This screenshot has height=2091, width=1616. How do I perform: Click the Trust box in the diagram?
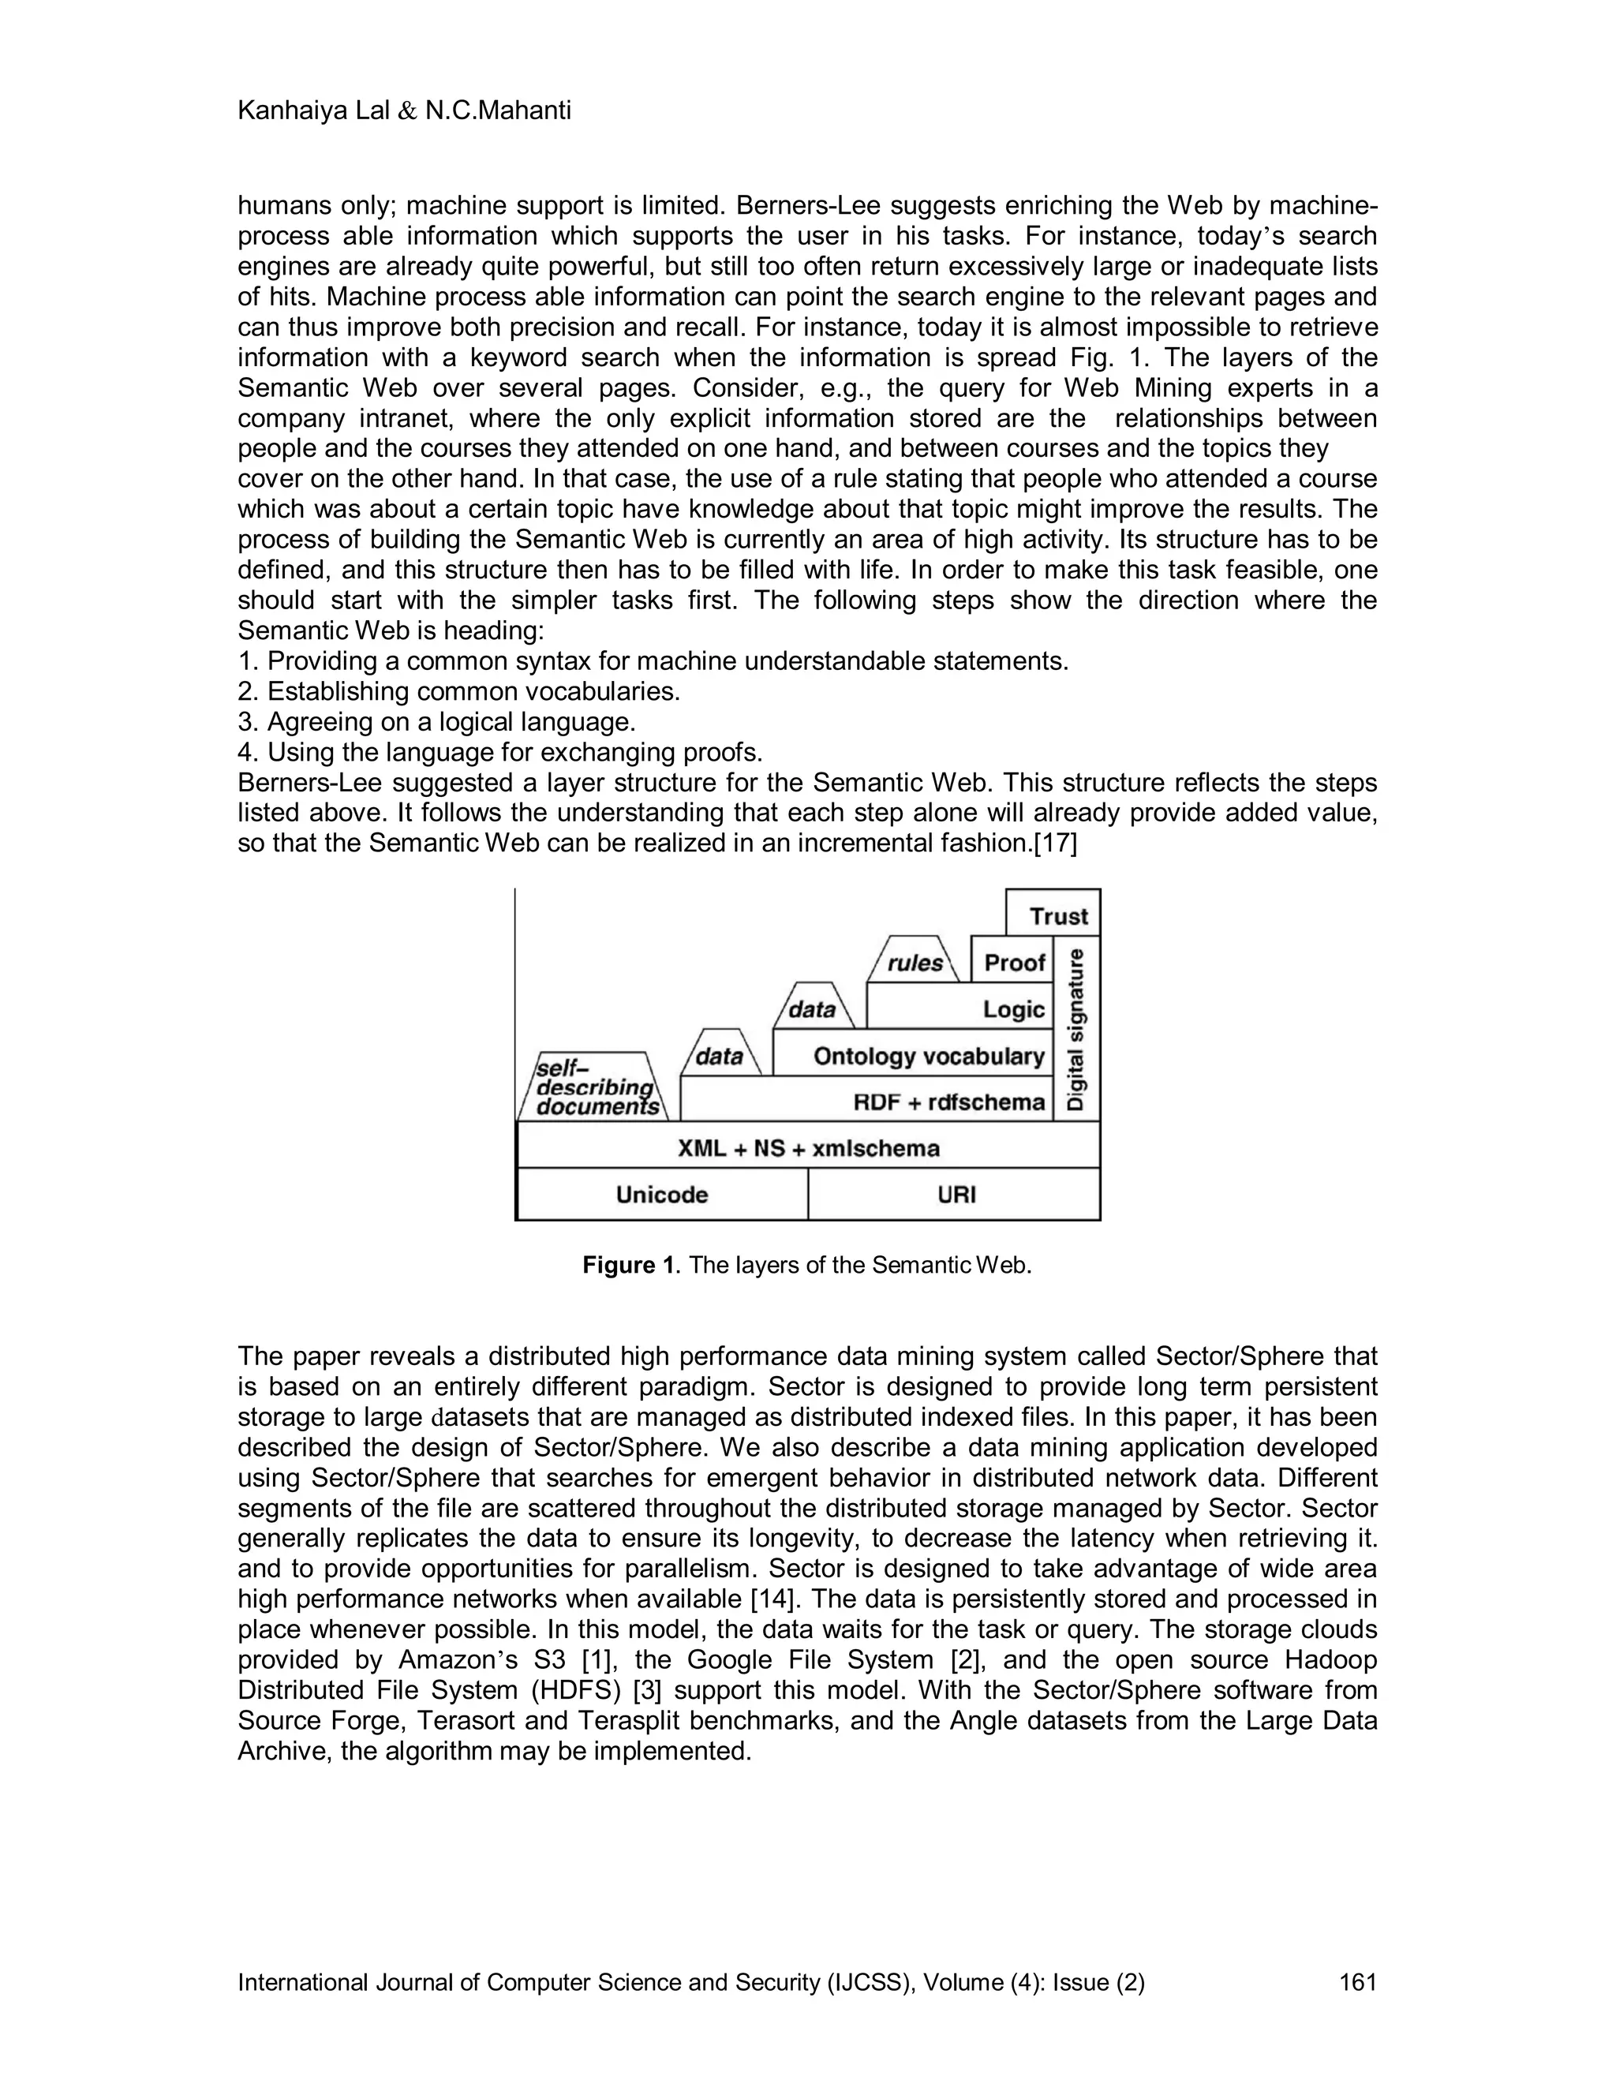click(1056, 915)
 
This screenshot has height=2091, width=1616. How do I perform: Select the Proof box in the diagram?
click(1013, 961)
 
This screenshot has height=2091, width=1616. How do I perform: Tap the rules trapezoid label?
click(915, 962)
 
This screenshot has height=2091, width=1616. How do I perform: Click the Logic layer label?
click(1013, 1008)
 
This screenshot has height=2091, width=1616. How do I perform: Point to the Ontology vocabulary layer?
click(926, 1055)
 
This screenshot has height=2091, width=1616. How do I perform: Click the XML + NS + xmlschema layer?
click(808, 1147)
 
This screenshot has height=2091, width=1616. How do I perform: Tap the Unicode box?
click(661, 1194)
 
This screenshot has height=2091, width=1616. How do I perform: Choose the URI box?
click(956, 1194)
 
